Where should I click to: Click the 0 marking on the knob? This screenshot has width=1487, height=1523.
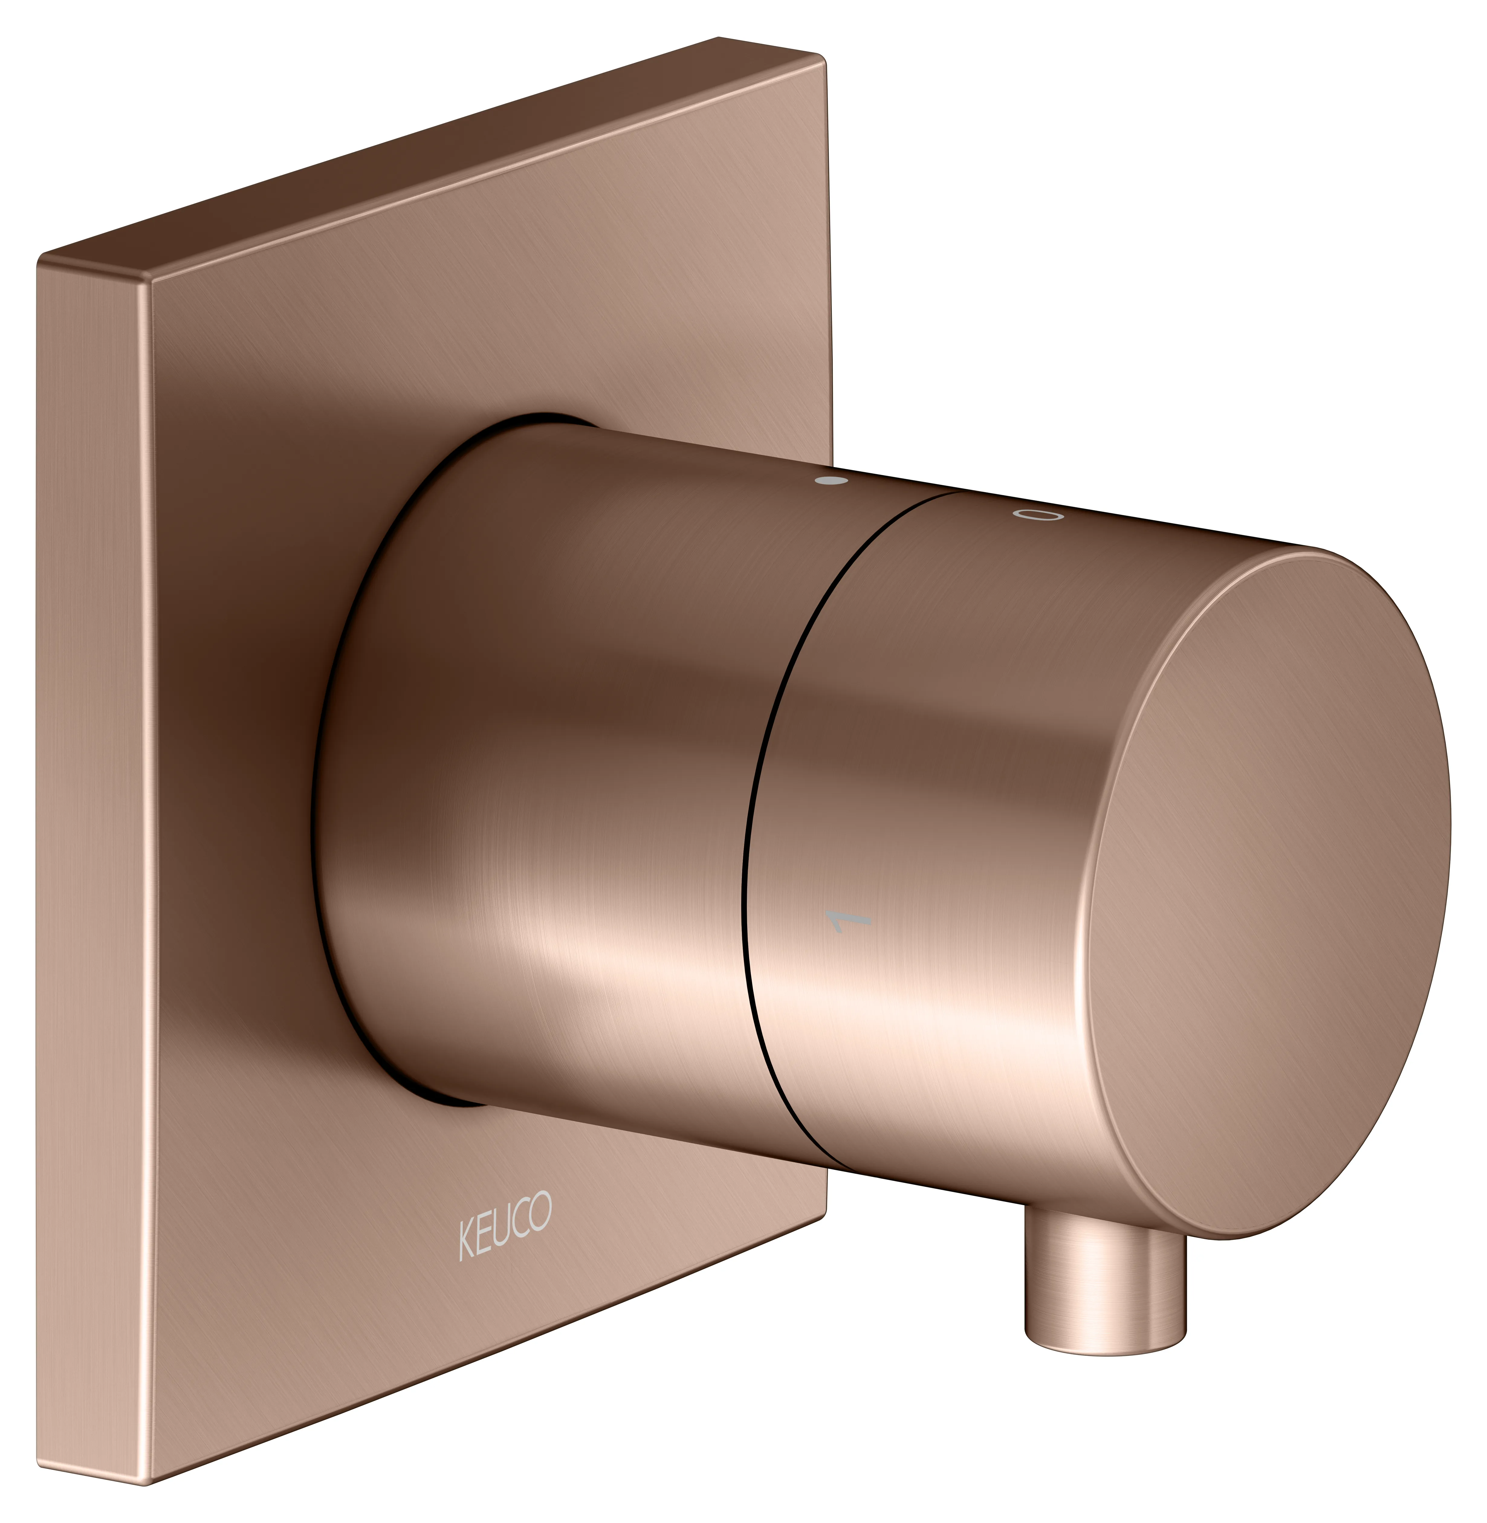point(1039,514)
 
